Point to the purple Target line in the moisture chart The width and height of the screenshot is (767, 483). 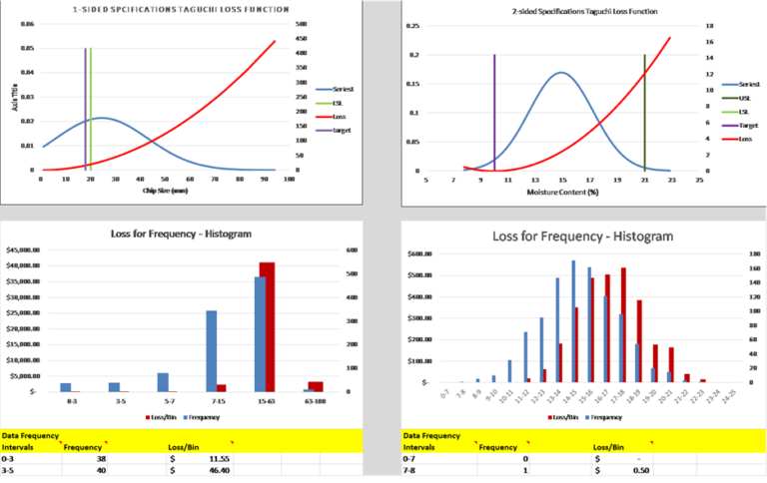[494, 110]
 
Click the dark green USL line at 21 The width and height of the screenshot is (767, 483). [645, 110]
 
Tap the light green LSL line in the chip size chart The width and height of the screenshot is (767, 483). [91, 100]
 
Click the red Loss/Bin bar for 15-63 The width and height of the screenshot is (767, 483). [267, 327]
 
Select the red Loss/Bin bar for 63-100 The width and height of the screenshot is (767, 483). [316, 386]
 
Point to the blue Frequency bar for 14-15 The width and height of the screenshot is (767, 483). [573, 321]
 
